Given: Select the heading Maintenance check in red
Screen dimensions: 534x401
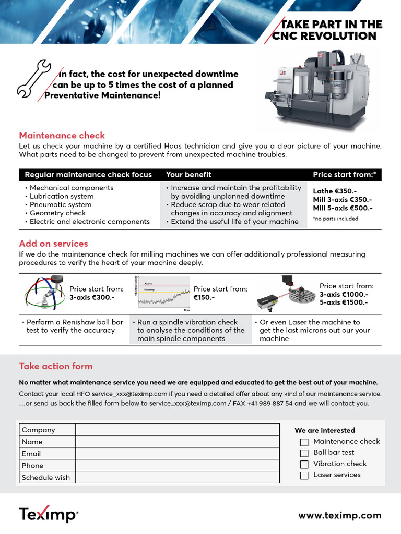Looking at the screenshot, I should click(62, 136).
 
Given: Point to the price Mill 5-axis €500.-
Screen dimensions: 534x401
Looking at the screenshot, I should click(343, 208).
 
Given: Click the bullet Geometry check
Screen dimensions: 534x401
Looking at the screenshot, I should click(57, 213).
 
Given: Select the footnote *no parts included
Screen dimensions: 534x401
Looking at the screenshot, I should click(335, 219).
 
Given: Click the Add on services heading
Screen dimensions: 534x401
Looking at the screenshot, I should click(53, 244).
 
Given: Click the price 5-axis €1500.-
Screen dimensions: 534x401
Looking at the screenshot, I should click(344, 302).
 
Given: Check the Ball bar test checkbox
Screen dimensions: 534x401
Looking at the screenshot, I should click(304, 453).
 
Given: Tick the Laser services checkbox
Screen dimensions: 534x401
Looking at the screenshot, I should click(304, 475).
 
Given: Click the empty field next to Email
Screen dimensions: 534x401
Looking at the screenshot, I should click(178, 454).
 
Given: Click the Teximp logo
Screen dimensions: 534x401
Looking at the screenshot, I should click(49, 515).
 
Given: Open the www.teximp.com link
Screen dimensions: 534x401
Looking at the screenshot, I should click(339, 515).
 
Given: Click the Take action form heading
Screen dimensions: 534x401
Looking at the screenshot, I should click(56, 366).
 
